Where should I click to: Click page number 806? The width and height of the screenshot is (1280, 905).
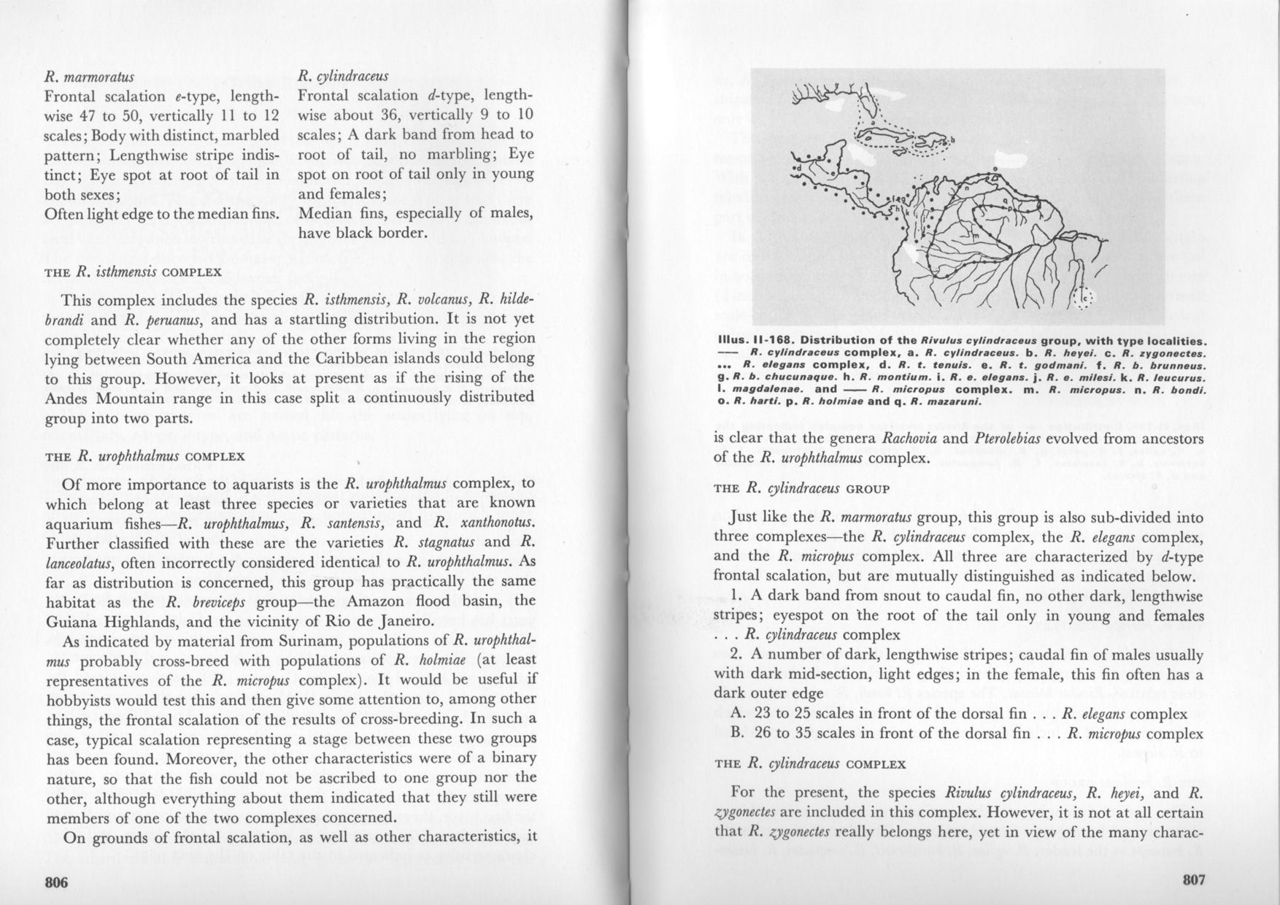56,882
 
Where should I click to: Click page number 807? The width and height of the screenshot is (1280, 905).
1193,879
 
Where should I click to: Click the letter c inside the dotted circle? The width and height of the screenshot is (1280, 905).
1083,298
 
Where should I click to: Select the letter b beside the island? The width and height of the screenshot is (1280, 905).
952,142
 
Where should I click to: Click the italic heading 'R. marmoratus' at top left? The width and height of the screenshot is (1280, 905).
89,77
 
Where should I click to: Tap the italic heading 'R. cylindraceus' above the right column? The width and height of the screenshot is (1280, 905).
344,77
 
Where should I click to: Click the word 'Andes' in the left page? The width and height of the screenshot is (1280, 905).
69,398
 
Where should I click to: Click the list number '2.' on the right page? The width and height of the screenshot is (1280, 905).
736,654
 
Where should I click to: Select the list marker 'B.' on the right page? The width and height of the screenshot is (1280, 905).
736,733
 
